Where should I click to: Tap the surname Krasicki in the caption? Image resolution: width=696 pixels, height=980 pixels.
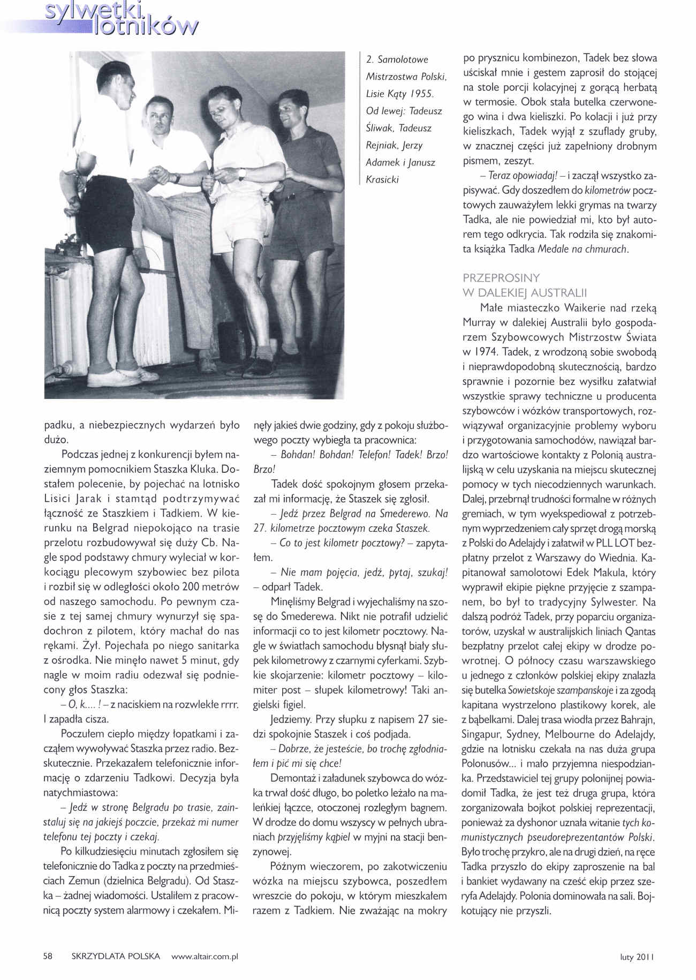pyautogui.click(x=382, y=179)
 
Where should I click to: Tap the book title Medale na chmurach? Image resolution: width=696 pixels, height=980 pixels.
pyautogui.click(x=581, y=249)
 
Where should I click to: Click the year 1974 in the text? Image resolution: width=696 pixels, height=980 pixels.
pyautogui.click(x=487, y=352)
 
